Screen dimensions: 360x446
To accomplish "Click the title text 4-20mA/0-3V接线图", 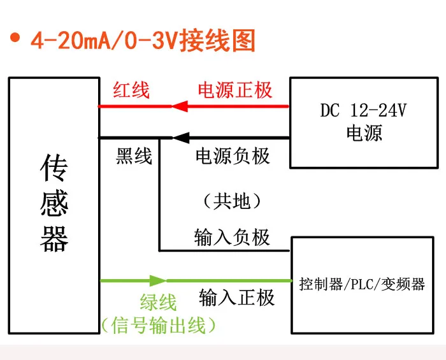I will click(143, 40).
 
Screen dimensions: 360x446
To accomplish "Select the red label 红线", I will click(131, 90).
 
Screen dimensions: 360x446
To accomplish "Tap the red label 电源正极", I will click(235, 90).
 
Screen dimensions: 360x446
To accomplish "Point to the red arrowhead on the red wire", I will click(178, 106).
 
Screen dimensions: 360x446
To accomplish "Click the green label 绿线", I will click(158, 303).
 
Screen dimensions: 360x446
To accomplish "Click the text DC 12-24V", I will click(363, 111).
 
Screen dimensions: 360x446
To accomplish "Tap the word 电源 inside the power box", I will click(364, 134).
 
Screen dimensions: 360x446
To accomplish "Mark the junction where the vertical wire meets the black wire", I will click(159, 138).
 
